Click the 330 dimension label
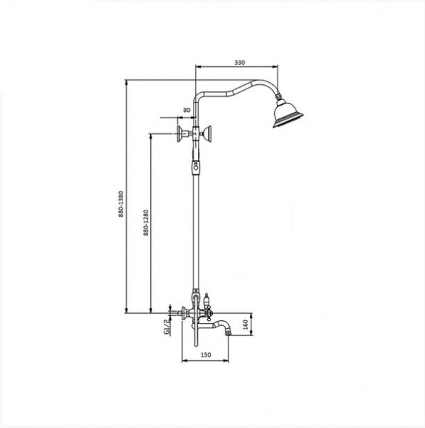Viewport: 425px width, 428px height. tap(240, 62)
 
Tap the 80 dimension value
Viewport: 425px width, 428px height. tap(187, 111)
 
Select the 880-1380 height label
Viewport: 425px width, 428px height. tap(121, 204)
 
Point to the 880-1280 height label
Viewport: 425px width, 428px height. tap(146, 223)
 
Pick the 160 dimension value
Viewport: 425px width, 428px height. tap(245, 325)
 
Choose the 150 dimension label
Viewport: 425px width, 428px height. tap(206, 355)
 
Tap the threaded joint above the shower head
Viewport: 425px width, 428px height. tap(278, 96)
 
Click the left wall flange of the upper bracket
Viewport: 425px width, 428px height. tap(180, 134)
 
